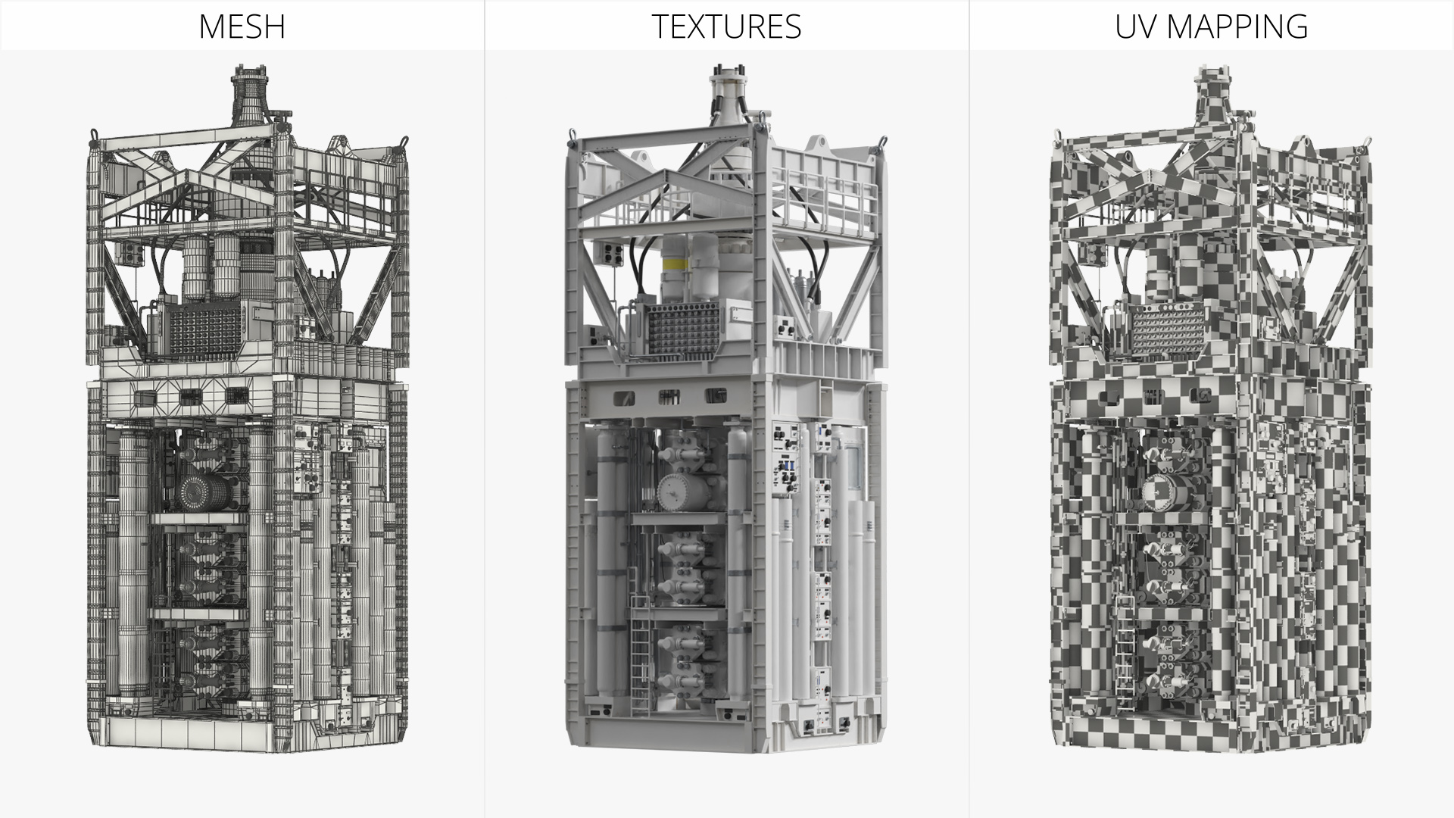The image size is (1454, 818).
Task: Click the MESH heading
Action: [242, 27]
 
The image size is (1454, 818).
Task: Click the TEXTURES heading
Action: [726, 27]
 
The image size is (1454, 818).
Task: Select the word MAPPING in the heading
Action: [1238, 27]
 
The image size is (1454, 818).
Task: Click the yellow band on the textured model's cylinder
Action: [676, 264]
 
